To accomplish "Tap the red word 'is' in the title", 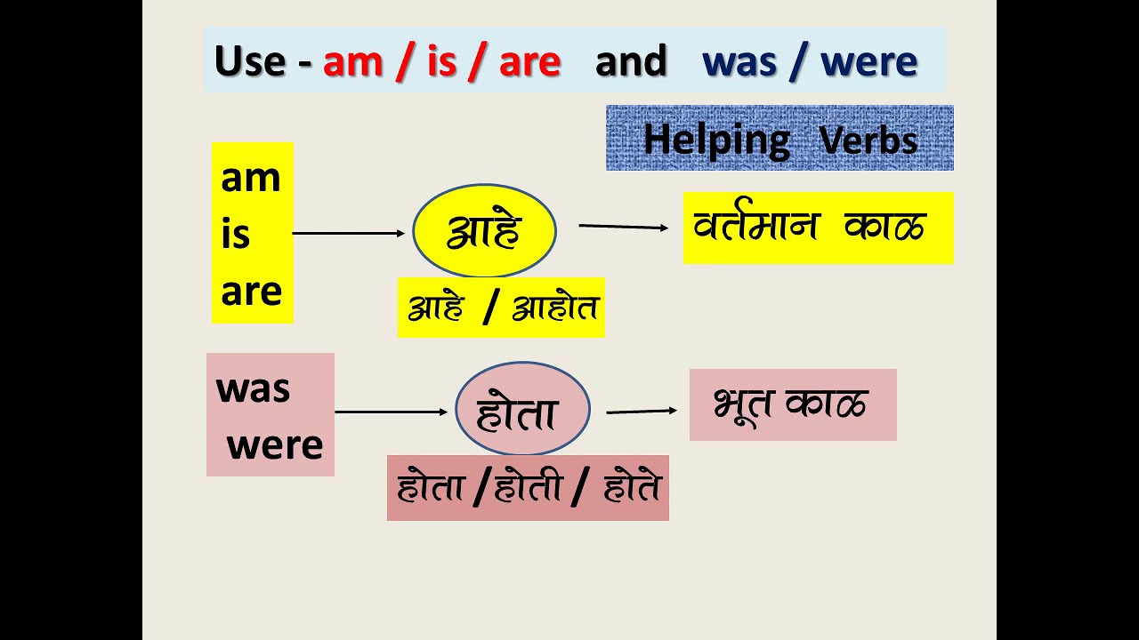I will click(440, 61).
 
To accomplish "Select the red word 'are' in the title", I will click(529, 61).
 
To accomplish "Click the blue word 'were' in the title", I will click(868, 61).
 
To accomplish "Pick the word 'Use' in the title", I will click(249, 61).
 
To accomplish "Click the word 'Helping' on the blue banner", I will click(716, 140).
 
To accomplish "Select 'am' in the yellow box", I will click(250, 178).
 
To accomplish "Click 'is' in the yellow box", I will click(236, 236).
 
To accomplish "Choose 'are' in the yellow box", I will click(251, 292).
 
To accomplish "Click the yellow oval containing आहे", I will click(484, 231).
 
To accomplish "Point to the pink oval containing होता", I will click(522, 410).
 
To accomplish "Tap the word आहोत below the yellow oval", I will click(555, 308).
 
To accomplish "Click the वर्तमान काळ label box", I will click(818, 228).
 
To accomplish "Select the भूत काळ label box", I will click(792, 405).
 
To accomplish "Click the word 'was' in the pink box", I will click(253, 388).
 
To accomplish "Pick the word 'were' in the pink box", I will click(275, 444).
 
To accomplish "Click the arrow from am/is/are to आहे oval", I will click(348, 233).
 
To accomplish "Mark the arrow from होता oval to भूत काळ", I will click(641, 412).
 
